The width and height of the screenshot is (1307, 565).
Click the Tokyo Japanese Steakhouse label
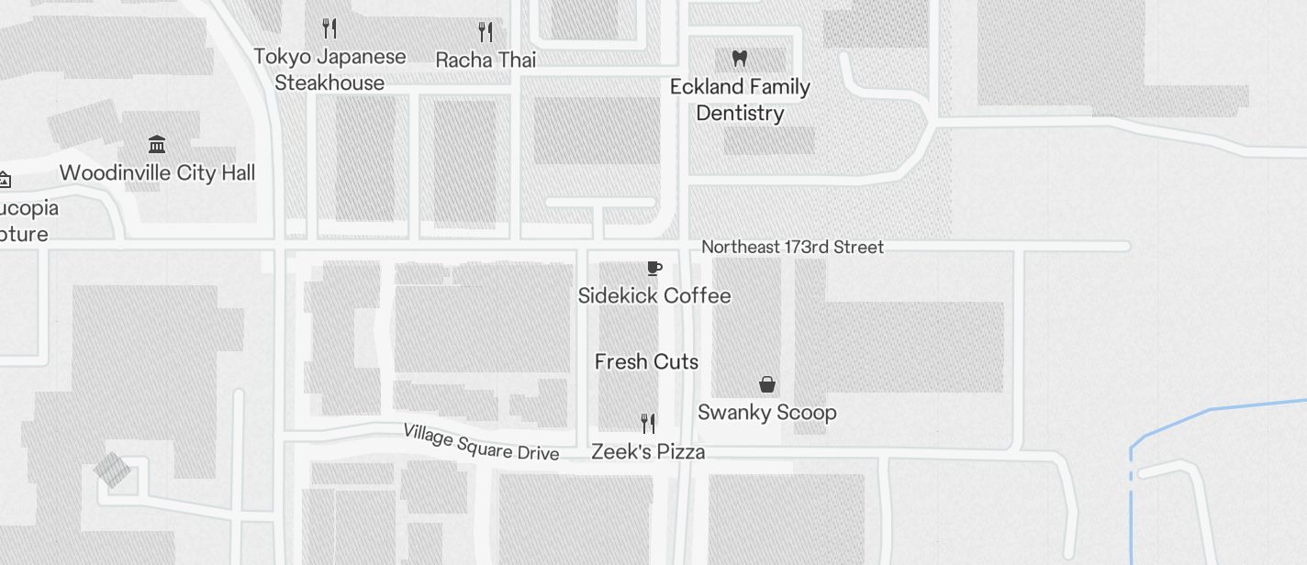coord(330,69)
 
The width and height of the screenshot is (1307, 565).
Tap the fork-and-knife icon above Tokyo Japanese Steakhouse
coord(330,28)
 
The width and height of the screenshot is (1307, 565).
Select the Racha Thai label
coord(486,60)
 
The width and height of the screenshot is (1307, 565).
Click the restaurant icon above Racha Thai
coord(486,32)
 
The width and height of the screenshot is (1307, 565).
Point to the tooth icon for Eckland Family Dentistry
coord(740,58)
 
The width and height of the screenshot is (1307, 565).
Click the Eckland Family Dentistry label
coord(740,99)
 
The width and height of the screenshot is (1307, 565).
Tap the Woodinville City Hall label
coord(157,172)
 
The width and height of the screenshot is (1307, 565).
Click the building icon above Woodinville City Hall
coord(157,144)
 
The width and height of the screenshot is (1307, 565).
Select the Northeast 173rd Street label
coord(792,247)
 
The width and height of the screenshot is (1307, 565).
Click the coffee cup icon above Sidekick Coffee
coord(653,268)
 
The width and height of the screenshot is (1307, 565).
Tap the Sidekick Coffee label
coord(654,295)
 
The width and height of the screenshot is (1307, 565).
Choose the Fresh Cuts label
coord(646,361)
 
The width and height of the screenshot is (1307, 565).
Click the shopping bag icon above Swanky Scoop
coord(767,384)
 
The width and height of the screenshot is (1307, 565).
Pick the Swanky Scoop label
coord(767,412)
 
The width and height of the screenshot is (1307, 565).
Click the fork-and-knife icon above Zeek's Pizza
coord(648,423)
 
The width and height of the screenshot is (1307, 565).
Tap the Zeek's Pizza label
coord(648,451)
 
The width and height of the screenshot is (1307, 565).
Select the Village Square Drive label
coord(481,442)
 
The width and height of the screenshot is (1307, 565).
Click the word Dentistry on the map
coord(740,113)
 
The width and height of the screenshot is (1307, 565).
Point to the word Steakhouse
coord(330,83)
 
